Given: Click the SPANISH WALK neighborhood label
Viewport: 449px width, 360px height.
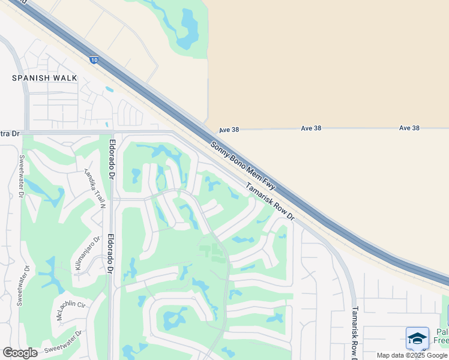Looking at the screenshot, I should pos(44,78).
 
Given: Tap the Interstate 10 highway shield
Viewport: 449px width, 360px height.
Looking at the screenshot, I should pos(94,59).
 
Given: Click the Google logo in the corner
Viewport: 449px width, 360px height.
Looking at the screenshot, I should pos(20,353).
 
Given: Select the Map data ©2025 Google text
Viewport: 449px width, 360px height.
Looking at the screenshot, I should pos(412,355).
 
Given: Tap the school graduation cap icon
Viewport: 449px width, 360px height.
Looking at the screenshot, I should pos(417,338).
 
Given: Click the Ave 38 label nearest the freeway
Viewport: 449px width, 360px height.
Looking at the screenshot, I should pos(229,129).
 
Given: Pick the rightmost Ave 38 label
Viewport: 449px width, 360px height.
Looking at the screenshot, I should pos(409,128).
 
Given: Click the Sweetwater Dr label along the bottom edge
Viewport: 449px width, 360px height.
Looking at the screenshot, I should pos(62,343).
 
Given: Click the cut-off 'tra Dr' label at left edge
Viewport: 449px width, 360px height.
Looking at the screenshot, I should pos(10,133).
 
